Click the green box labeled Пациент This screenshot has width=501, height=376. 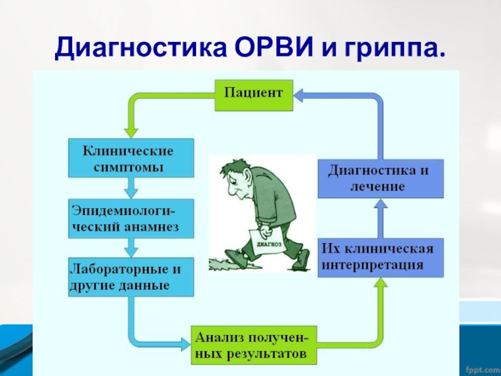point(254,95)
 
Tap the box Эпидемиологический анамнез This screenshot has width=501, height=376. point(130,219)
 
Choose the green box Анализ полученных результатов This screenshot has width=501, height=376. point(254,345)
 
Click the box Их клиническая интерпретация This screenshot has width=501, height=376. point(381,258)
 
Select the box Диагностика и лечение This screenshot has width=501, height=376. point(381,178)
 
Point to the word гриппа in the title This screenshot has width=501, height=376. point(392,47)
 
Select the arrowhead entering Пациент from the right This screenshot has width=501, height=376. point(299,95)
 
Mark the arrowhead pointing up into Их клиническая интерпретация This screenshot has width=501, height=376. point(381,284)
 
